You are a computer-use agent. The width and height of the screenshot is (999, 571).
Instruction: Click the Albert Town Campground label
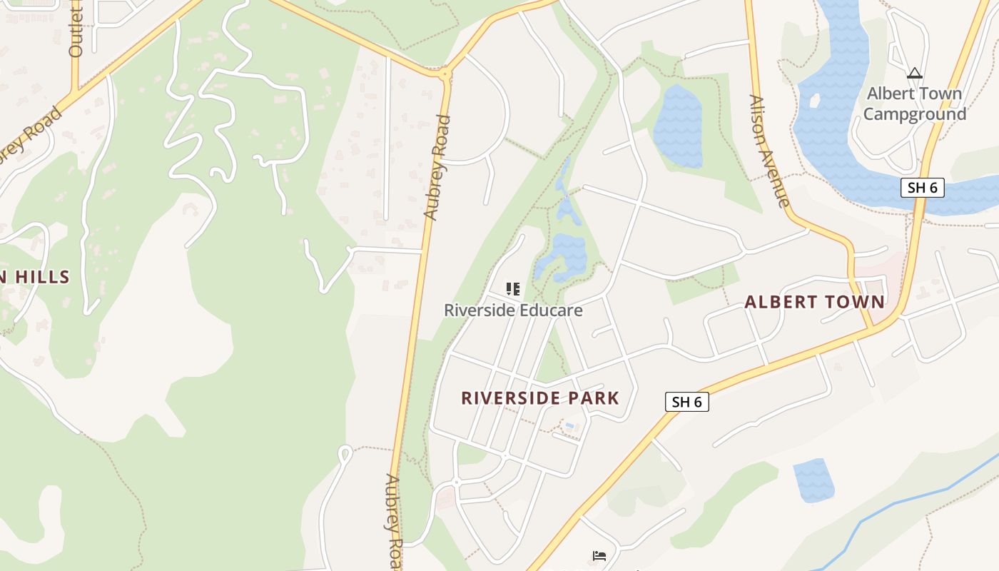tap(914, 103)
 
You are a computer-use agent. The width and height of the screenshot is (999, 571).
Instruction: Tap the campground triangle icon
tap(914, 73)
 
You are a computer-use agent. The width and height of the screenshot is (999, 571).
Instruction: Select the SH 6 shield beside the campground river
tap(922, 188)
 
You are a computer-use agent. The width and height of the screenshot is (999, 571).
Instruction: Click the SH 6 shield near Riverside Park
tap(687, 402)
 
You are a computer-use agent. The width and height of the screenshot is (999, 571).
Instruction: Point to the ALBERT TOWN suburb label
tap(814, 302)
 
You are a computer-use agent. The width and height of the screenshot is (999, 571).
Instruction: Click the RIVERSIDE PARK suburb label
tap(539, 398)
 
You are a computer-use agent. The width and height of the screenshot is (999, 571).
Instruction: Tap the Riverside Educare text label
tap(513, 310)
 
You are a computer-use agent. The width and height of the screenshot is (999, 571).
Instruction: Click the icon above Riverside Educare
tap(512, 289)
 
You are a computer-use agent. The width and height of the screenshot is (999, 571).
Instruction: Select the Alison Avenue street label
tap(769, 151)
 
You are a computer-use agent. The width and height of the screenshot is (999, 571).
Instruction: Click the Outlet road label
tap(76, 29)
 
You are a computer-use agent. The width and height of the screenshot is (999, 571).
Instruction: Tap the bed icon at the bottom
tap(599, 555)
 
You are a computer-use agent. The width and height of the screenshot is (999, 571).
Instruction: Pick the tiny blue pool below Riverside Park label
tap(569, 426)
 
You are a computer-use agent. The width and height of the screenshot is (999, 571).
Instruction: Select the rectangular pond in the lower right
tap(813, 479)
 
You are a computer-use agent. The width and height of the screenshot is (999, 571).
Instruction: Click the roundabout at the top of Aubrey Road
tap(445, 73)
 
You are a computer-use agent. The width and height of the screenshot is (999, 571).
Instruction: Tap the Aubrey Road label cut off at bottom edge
tap(394, 521)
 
